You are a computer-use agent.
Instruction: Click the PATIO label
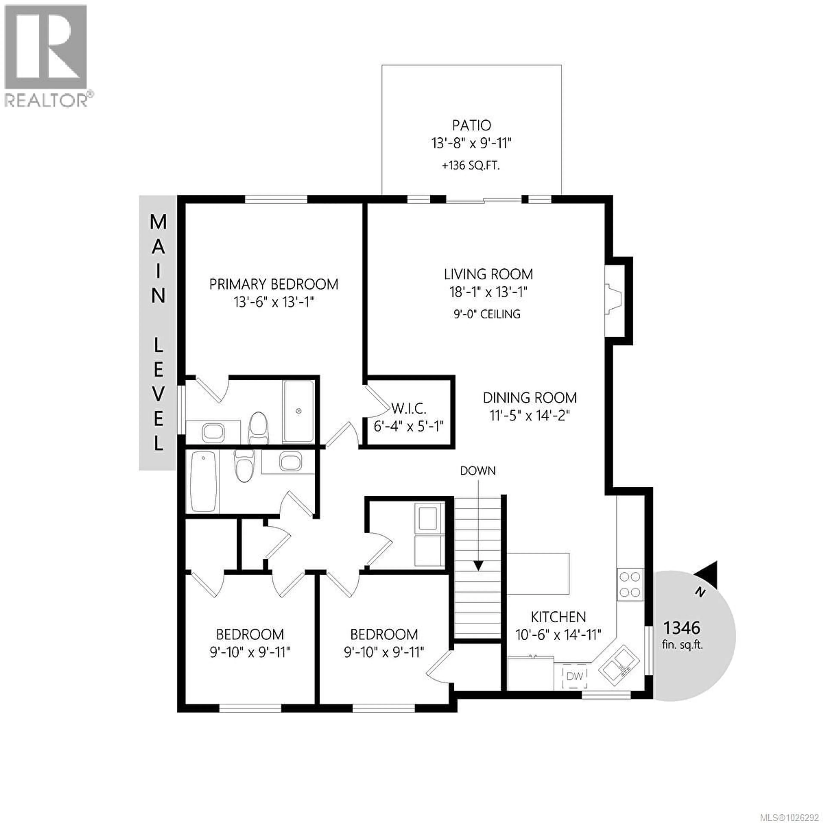[471, 125]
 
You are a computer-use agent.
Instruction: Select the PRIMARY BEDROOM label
[273, 284]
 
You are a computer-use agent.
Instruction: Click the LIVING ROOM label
[488, 274]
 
